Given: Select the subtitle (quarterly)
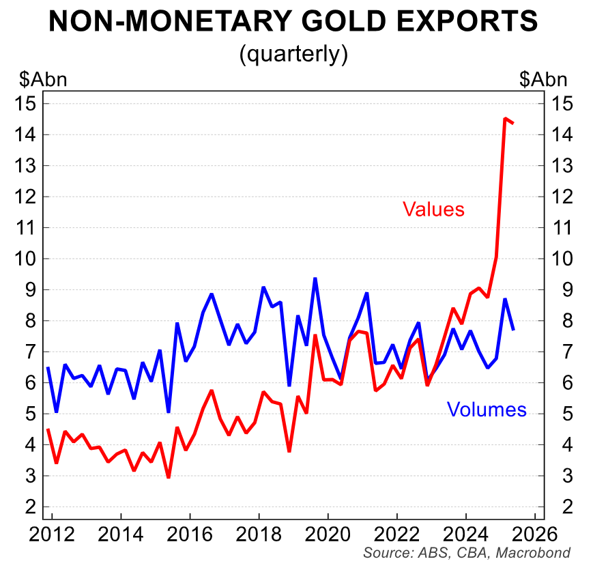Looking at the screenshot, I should coord(293,54).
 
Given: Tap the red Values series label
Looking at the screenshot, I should coord(433,209).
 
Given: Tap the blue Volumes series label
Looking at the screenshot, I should coord(487,409).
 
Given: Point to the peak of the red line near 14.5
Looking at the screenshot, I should coord(504,119).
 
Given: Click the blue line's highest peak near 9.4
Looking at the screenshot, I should coord(315,279).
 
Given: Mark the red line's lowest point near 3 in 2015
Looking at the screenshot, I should coord(169,476).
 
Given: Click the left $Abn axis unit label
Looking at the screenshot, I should coord(43,79).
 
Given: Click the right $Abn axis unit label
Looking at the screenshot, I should coord(543,79).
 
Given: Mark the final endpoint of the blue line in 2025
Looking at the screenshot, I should coord(513,330).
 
